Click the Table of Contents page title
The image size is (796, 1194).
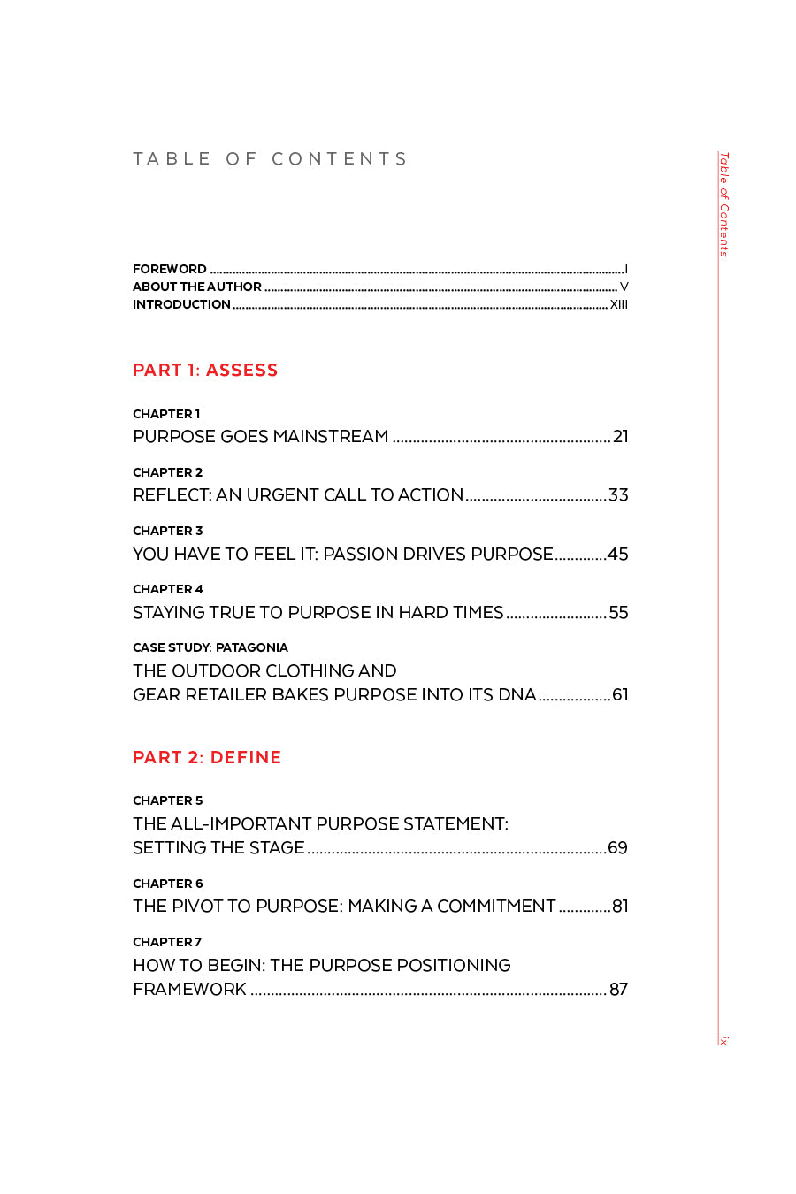[270, 159]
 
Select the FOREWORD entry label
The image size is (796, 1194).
[170, 269]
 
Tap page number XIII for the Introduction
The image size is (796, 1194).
[619, 304]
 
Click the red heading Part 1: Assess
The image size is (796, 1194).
[205, 371]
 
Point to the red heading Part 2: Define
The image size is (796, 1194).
[207, 758]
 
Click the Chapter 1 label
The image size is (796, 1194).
[166, 414]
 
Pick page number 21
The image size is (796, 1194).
[621, 437]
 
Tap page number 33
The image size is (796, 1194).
[618, 495]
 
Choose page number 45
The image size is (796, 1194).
[618, 555]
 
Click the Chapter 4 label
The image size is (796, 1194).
[168, 589]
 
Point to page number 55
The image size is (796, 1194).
[619, 613]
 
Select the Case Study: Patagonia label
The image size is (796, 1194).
[210, 647]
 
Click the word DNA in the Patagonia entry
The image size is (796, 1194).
[517, 695]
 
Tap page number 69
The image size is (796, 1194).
[618, 848]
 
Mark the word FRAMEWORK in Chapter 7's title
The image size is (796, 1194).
[189, 990]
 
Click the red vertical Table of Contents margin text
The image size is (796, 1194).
[723, 204]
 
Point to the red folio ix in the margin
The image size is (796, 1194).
[723, 1040]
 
